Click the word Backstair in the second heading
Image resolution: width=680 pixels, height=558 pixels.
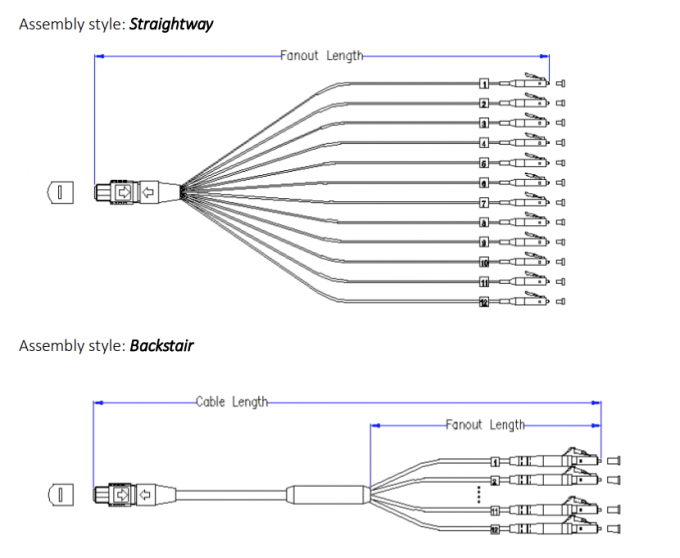click(161, 346)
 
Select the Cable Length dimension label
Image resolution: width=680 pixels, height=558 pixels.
click(232, 402)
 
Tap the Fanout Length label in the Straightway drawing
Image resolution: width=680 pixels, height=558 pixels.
click(322, 56)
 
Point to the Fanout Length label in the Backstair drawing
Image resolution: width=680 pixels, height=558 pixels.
click(485, 425)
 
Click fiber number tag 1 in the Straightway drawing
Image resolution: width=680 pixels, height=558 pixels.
click(483, 84)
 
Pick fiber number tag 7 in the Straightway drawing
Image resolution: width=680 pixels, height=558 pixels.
click(483, 202)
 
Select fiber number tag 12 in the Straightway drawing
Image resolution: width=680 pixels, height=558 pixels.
click(483, 301)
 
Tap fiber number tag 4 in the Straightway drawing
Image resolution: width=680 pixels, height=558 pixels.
click(483, 143)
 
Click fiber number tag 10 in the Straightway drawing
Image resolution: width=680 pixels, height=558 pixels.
click(483, 262)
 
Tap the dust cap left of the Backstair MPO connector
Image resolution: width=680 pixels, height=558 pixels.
click(61, 494)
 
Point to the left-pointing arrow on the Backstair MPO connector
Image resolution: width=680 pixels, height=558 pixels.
click(146, 494)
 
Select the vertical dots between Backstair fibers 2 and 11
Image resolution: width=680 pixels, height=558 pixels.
click(480, 493)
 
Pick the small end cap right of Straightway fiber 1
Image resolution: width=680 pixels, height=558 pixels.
click(560, 84)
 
